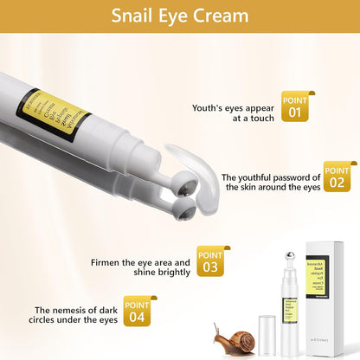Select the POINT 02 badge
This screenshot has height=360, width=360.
click(337, 175)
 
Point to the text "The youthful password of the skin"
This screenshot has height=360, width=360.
click(271, 180)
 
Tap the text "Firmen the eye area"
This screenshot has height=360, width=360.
click(142, 266)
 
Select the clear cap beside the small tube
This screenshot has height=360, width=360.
click(267, 333)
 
